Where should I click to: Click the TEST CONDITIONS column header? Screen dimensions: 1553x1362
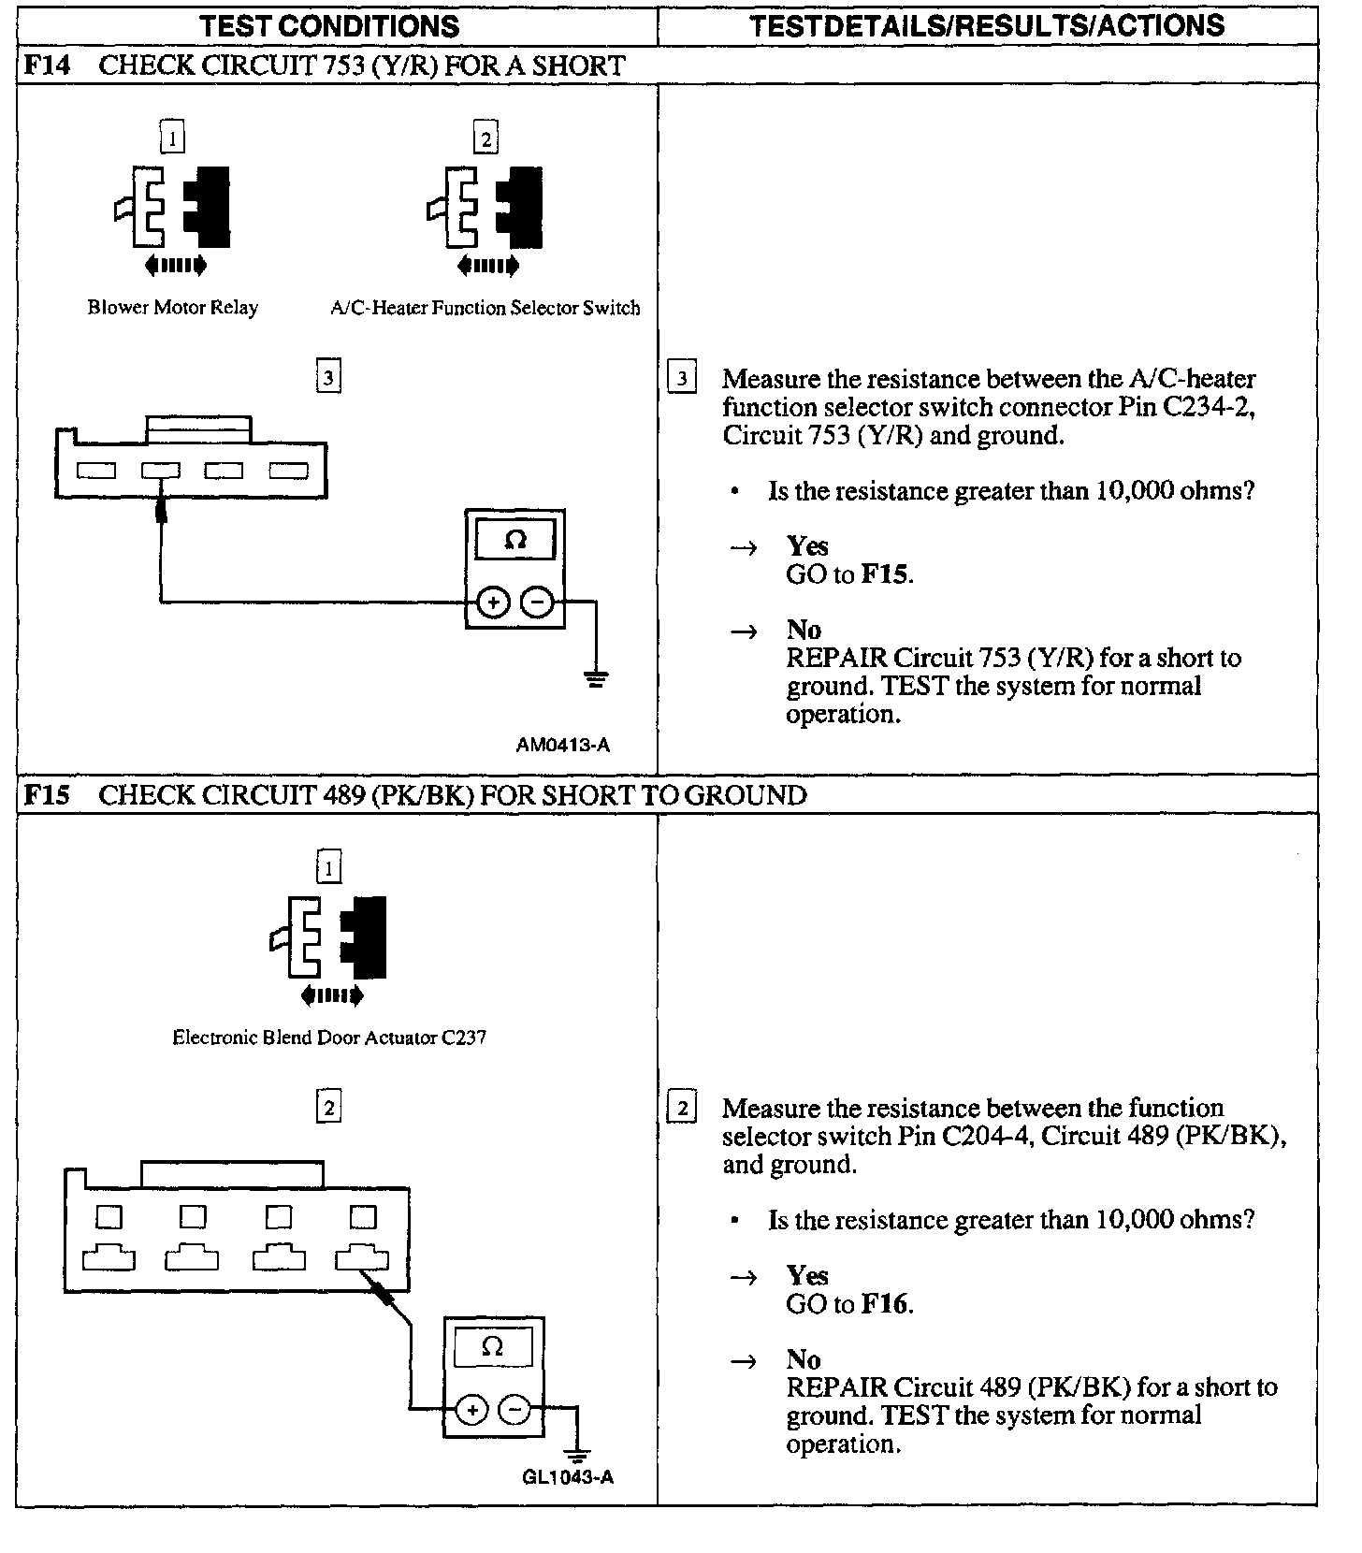pos(329,26)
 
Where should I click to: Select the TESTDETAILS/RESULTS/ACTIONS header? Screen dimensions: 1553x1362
pos(987,26)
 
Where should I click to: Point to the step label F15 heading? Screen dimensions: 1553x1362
pos(47,795)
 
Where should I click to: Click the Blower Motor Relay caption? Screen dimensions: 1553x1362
pos(173,308)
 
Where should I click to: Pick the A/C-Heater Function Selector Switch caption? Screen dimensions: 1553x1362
pos(485,308)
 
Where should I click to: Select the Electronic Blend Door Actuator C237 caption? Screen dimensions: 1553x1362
pos(329,1038)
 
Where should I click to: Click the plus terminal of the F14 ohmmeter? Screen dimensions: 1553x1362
pos(494,603)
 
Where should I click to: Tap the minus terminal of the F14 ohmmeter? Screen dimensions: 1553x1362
pos(537,603)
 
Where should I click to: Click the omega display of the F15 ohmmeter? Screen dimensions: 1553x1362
pos(492,1348)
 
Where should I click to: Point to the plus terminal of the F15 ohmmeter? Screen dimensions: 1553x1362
pos(472,1410)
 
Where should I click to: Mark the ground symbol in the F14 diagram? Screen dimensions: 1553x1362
pos(595,678)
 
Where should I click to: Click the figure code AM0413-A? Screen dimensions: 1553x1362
pos(562,745)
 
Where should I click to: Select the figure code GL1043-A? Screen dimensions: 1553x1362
pos(568,1477)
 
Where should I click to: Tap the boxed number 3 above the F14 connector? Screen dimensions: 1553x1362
pos(328,378)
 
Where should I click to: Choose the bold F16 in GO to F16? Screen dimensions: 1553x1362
pos(884,1304)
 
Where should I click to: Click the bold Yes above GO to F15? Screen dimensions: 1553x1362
pos(807,545)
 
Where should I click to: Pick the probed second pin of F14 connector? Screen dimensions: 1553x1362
pos(161,471)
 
